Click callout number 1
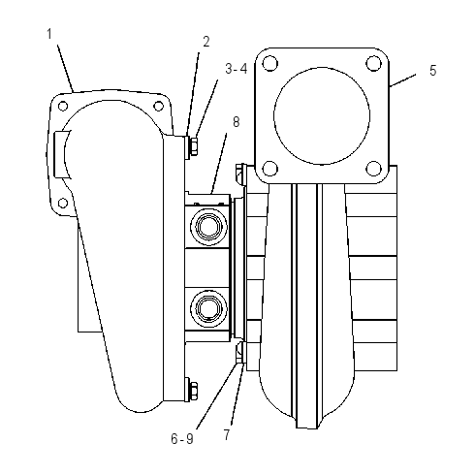click(49, 34)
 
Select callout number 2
click(206, 42)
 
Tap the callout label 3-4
click(237, 69)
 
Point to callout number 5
click(432, 70)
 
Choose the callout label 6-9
click(182, 439)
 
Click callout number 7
click(227, 434)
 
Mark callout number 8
click(237, 122)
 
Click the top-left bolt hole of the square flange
click(270, 63)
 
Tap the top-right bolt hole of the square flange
click(374, 63)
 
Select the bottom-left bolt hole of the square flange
click(270, 169)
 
